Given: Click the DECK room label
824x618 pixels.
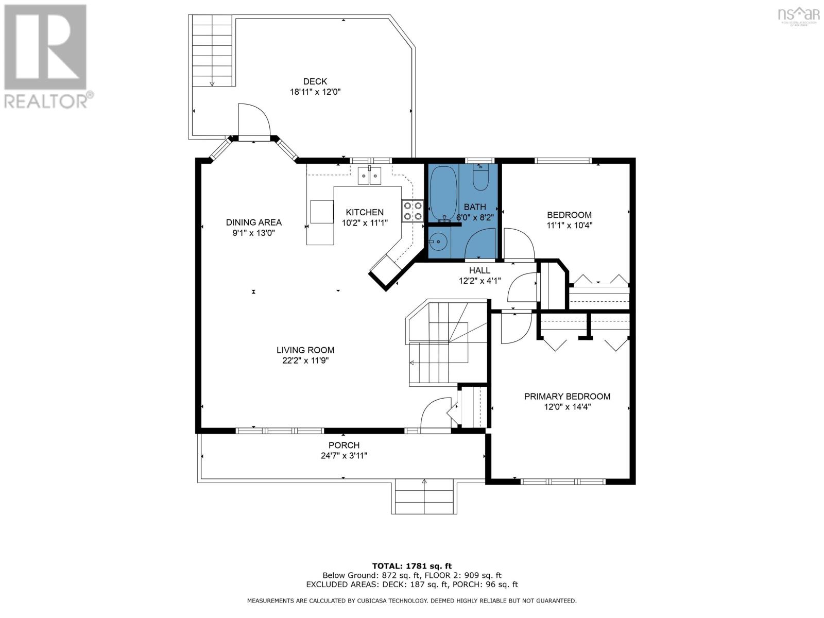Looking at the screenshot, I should point(315,81).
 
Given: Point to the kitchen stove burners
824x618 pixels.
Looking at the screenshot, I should point(413,211).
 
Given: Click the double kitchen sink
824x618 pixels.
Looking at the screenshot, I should point(370,176).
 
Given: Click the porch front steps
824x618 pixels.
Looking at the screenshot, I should point(424,496).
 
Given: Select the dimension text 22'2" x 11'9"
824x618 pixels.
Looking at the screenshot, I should point(305,360).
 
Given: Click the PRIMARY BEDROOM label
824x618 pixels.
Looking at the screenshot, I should point(567,396).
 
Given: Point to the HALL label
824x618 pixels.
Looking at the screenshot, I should point(479,270).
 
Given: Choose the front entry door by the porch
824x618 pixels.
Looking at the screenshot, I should point(436,414).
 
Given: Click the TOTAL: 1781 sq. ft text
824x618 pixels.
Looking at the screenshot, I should point(412,566).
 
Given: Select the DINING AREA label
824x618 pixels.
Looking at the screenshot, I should point(254,222).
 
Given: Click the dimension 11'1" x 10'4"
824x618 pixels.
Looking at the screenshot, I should point(569,225).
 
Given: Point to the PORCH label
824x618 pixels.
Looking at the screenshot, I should point(344,445).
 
